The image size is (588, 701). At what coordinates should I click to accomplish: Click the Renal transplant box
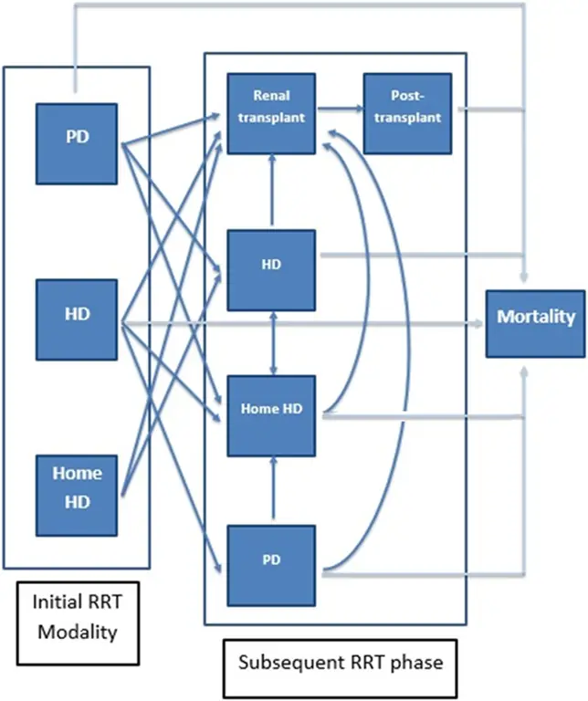271,110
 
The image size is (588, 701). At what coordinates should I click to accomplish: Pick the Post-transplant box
408,110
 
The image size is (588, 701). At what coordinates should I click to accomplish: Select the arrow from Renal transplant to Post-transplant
339,110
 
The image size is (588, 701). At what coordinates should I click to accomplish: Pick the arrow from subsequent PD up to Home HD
271,489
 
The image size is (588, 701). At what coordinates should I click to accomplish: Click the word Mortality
535,319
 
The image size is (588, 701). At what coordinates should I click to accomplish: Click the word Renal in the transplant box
270,96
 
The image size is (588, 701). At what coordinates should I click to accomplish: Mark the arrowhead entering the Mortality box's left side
479,323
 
